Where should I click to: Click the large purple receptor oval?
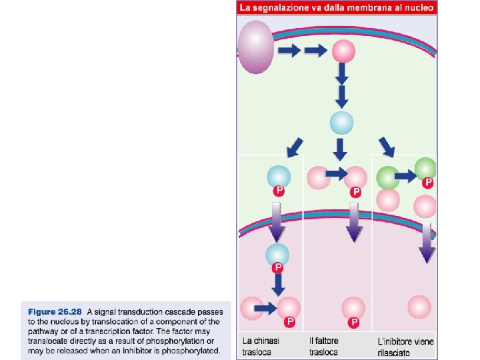pos(255,47)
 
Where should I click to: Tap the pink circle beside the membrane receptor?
pos(343,51)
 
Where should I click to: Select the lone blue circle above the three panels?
pos(342,123)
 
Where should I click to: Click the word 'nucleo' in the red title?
pos(418,8)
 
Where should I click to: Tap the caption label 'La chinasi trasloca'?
pos(261,347)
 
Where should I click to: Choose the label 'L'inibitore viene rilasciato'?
pos(405,347)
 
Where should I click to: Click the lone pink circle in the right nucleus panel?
pos(419,307)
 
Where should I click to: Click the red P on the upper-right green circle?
pos(428,182)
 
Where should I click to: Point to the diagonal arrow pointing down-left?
pos(293,145)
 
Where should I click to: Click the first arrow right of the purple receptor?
pos(289,51)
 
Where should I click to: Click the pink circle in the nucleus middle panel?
pos(353,308)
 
